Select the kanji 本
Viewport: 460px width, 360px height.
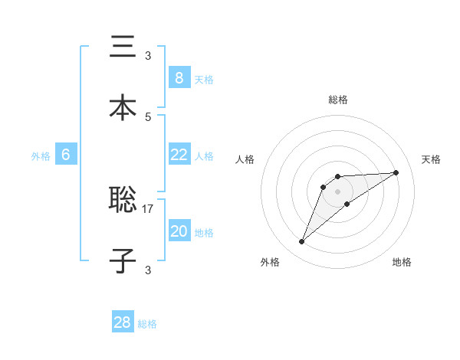point(123,108)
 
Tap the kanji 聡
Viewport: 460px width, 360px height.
point(123,201)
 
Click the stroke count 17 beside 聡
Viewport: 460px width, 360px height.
point(148,208)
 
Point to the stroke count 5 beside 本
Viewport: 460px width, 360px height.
point(148,116)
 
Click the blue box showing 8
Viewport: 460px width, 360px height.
point(179,78)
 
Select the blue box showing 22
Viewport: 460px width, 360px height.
point(179,155)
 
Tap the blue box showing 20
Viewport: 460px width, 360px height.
point(179,231)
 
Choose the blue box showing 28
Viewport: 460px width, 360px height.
point(123,322)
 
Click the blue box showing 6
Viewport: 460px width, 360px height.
point(66,155)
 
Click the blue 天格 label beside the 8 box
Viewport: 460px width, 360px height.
point(204,80)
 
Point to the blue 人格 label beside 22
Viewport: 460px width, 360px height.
point(204,156)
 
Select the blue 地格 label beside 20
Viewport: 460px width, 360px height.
point(204,233)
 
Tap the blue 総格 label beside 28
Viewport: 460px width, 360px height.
point(147,324)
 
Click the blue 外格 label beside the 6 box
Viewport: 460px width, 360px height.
point(41,156)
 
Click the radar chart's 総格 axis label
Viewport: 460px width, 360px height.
point(338,100)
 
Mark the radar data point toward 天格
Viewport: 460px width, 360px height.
point(396,172)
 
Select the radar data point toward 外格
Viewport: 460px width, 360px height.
point(301,242)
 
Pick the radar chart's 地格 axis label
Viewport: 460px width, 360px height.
point(402,262)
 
